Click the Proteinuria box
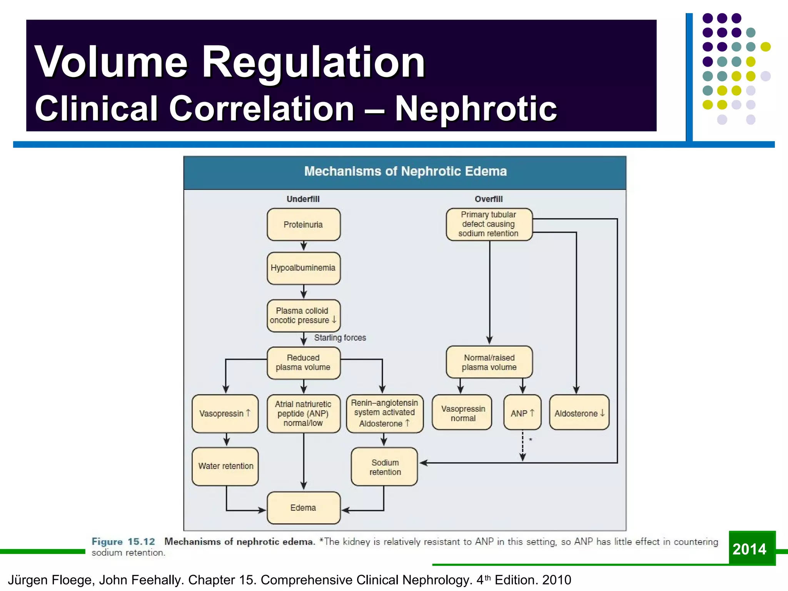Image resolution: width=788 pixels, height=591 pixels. [x=303, y=225]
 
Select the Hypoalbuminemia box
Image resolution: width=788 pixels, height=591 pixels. [x=303, y=268]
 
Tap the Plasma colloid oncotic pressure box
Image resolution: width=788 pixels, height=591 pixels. [x=303, y=316]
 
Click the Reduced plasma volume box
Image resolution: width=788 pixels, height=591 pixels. [x=303, y=362]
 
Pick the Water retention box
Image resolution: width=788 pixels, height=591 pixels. [x=225, y=466]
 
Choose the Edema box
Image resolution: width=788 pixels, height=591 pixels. [x=303, y=508]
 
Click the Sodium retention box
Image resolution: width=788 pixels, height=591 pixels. [x=384, y=467]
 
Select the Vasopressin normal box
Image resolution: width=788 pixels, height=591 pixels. [x=462, y=413]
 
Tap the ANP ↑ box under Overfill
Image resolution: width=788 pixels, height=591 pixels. [x=522, y=413]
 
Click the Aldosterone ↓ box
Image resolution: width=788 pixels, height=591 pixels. [x=579, y=413]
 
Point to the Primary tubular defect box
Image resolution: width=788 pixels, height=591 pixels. [x=489, y=224]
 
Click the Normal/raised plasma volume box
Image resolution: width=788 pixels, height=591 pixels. [x=489, y=362]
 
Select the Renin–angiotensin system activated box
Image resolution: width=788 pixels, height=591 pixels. [x=384, y=413]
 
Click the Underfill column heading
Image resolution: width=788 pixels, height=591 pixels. [x=303, y=199]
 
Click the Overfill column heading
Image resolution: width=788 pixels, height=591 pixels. [x=489, y=199]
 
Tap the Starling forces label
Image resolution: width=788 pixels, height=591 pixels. [x=340, y=338]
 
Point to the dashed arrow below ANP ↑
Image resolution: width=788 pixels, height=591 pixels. [x=523, y=446]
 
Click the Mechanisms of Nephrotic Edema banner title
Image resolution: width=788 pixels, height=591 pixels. [x=405, y=171]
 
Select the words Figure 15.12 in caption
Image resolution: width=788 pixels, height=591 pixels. [x=123, y=542]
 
